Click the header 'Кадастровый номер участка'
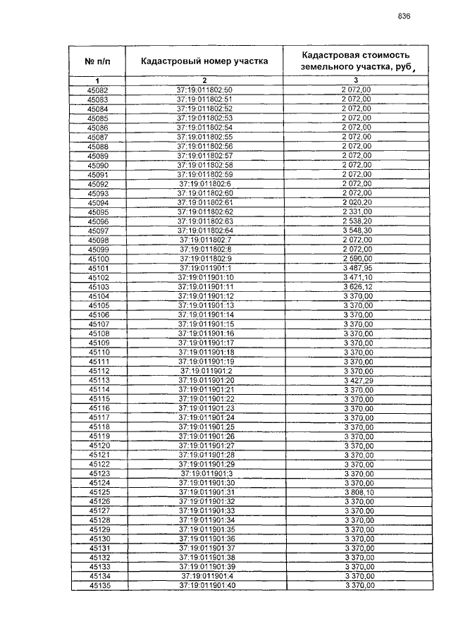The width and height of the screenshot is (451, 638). click(204, 61)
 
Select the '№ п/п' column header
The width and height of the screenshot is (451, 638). click(98, 61)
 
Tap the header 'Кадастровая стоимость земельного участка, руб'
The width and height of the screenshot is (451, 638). click(355, 61)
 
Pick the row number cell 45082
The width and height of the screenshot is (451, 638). click(98, 90)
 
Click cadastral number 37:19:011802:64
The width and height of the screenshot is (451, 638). click(204, 230)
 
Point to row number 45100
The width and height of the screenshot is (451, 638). click(98, 258)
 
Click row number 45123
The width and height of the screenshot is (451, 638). click(98, 473)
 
